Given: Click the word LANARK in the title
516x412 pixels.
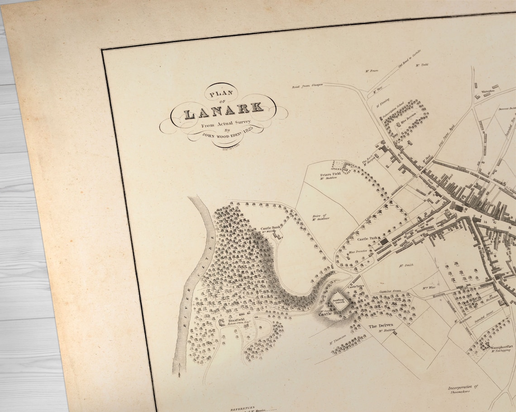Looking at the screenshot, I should (x=224, y=109).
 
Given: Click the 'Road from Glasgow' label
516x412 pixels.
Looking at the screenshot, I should (x=307, y=85).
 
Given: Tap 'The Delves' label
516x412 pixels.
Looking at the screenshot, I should (x=380, y=326).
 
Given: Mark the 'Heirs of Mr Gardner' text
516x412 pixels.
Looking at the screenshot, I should (x=320, y=217).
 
